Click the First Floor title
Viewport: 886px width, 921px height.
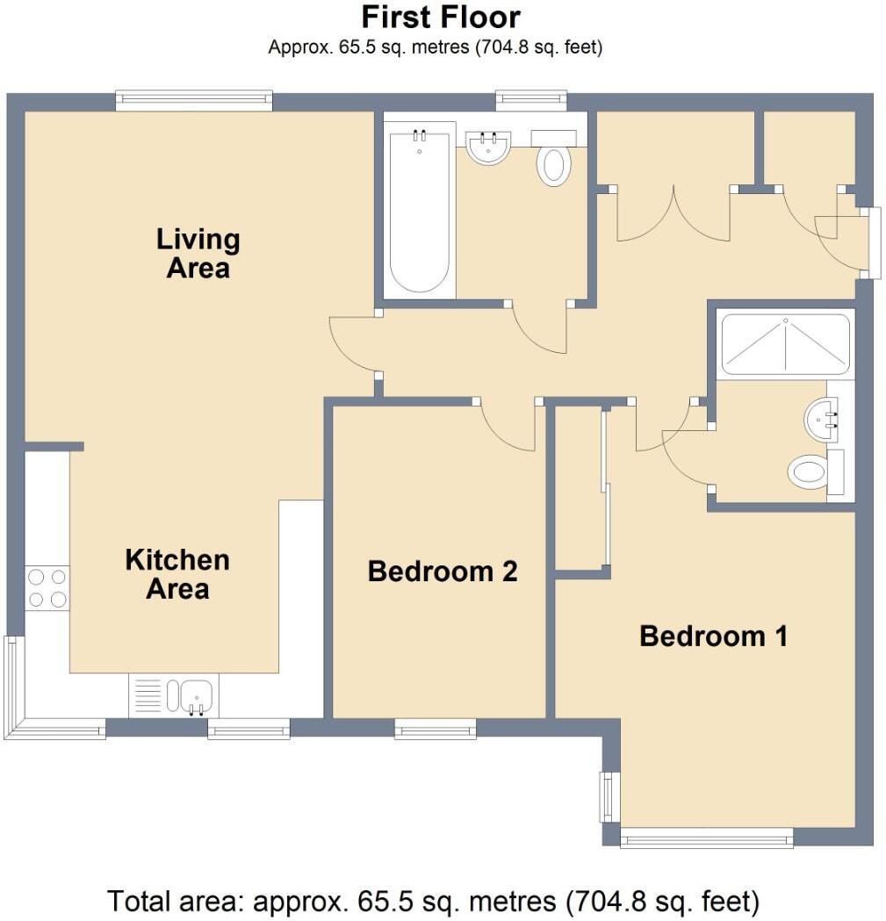pyautogui.click(x=441, y=17)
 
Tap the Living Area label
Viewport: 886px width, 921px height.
pyautogui.click(x=198, y=253)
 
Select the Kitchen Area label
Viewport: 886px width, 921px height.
pyautogui.click(x=177, y=573)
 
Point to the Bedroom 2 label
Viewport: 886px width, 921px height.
pyautogui.click(x=442, y=572)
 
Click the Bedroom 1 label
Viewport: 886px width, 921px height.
pyautogui.click(x=713, y=636)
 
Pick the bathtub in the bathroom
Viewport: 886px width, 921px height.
pyautogui.click(x=421, y=212)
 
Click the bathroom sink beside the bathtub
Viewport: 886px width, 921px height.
pyautogui.click(x=489, y=148)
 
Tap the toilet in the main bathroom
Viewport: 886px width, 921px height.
pyautogui.click(x=553, y=165)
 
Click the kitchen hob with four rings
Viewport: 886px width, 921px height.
pyautogui.click(x=47, y=588)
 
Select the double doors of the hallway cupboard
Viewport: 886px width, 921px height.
pyautogui.click(x=674, y=213)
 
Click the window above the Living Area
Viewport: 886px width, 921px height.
pyautogui.click(x=194, y=101)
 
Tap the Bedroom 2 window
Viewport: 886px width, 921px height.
pyautogui.click(x=436, y=728)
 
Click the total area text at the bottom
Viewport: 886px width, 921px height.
pyautogui.click(x=433, y=900)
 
